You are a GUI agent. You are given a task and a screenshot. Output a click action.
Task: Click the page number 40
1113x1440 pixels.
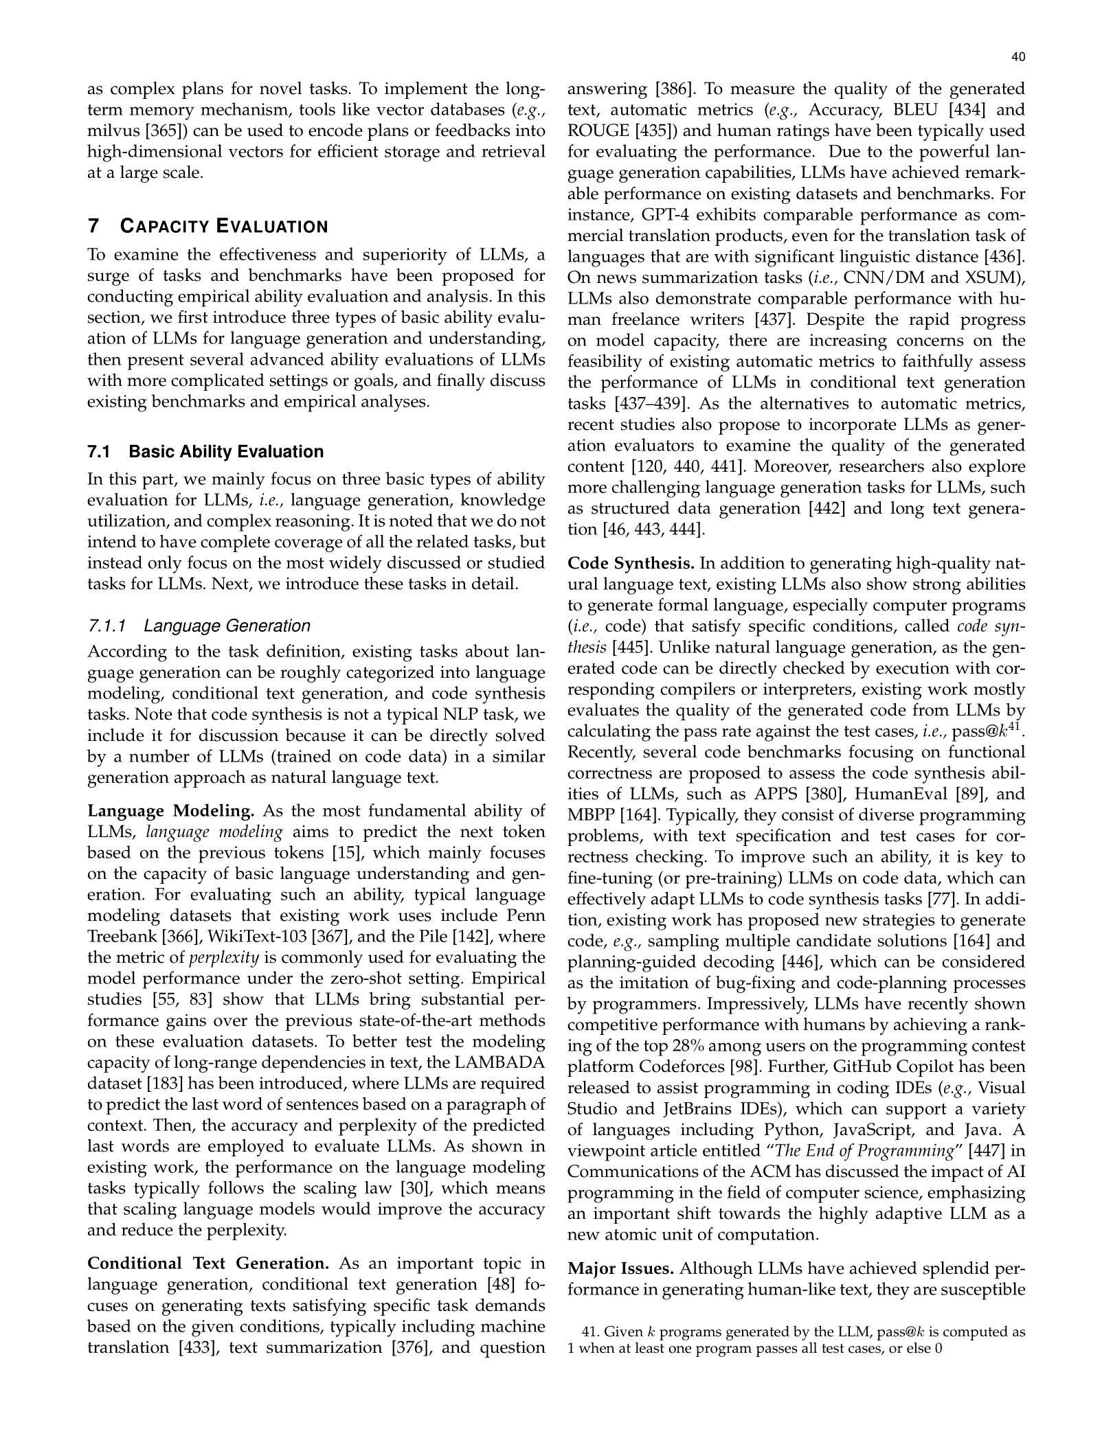1018,58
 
